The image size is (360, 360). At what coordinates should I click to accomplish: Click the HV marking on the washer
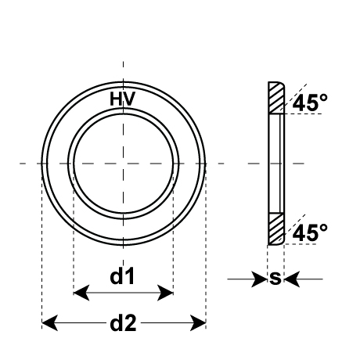(123, 99)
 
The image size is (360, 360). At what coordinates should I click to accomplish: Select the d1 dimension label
(122, 276)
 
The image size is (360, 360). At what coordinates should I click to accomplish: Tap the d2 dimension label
(123, 323)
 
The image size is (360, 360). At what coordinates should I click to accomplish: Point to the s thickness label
(275, 278)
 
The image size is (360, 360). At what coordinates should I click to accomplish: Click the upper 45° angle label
(310, 103)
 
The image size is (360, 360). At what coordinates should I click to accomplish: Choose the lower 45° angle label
(310, 232)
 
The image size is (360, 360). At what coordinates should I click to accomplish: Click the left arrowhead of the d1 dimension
(81, 293)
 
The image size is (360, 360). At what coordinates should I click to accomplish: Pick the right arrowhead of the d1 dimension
(165, 293)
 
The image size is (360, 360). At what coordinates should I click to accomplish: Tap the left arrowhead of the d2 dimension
(50, 323)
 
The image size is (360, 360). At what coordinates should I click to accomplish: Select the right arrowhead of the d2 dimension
(198, 323)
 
